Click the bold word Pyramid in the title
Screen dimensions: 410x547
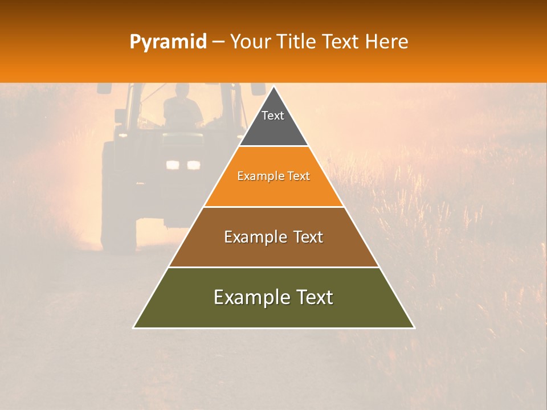point(168,42)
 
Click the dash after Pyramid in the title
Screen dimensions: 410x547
point(218,42)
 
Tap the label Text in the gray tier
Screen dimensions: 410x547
point(273,116)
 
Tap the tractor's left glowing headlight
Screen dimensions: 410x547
point(173,165)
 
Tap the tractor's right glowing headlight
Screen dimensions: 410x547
point(194,165)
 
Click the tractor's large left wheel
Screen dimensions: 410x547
point(117,199)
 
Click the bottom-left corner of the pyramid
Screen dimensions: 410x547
point(134,327)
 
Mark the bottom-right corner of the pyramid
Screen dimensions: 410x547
point(414,327)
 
